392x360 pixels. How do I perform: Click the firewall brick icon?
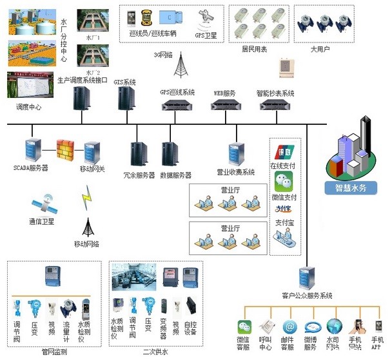(66, 150)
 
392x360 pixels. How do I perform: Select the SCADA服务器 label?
(32, 167)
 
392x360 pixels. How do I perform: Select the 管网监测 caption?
(54, 352)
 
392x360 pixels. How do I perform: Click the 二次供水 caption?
(155, 352)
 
